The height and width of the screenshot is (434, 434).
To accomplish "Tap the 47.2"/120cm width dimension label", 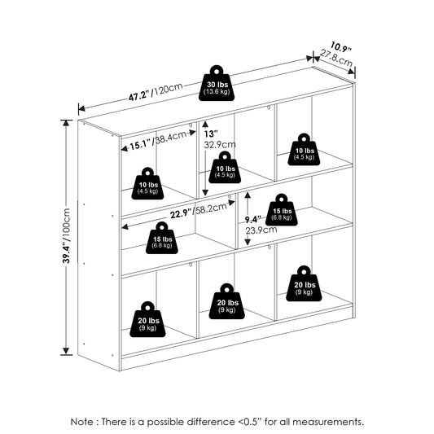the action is click(156, 92).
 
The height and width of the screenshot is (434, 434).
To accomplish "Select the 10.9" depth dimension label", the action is click(340, 46).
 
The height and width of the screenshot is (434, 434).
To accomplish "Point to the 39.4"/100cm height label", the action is click(67, 235).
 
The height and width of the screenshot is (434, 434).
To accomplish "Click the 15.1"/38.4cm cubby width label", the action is click(158, 140).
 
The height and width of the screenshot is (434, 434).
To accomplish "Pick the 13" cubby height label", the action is click(211, 134).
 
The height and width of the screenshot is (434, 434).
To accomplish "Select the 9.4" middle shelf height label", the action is click(252, 220).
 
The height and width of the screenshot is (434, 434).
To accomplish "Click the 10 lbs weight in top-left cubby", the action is click(147, 183).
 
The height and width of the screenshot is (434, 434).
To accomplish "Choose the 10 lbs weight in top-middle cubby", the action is click(225, 167).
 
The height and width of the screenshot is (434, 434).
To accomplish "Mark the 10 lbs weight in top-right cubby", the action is click(304, 150).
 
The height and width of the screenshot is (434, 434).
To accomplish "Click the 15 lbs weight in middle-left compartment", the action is click(162, 238).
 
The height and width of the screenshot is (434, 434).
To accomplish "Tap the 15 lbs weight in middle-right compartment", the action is click(282, 209).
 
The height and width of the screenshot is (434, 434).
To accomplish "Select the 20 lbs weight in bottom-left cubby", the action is click(147, 319).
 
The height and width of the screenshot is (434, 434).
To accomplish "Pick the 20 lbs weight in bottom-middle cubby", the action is click(226, 301).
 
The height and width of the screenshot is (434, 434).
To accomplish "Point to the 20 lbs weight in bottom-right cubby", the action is click(304, 283).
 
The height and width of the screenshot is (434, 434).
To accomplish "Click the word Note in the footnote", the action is click(82, 422).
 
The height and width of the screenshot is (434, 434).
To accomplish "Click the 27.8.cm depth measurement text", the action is click(336, 58).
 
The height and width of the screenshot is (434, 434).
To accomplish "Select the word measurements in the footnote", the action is click(328, 422).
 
